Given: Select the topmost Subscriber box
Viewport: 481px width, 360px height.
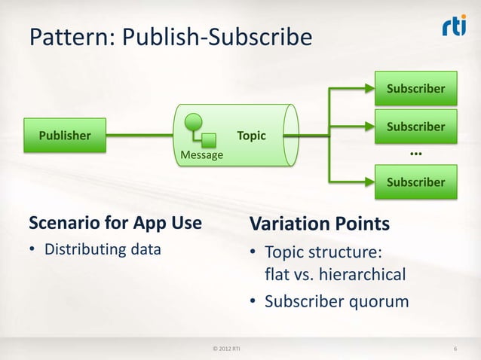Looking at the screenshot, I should click(x=415, y=89).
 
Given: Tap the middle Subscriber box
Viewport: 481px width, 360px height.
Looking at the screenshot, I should click(x=415, y=127).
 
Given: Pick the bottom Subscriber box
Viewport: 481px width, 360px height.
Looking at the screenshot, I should click(x=415, y=182).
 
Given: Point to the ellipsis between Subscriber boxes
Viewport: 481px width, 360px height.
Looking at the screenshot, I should click(x=415, y=154).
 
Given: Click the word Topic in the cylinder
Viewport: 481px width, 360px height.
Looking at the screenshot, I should click(x=251, y=136).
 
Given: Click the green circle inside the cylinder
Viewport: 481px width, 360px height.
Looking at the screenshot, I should click(x=195, y=120).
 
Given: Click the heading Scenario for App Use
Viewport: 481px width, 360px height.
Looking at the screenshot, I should click(x=115, y=224).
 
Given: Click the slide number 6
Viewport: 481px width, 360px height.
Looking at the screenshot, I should click(x=456, y=348).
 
